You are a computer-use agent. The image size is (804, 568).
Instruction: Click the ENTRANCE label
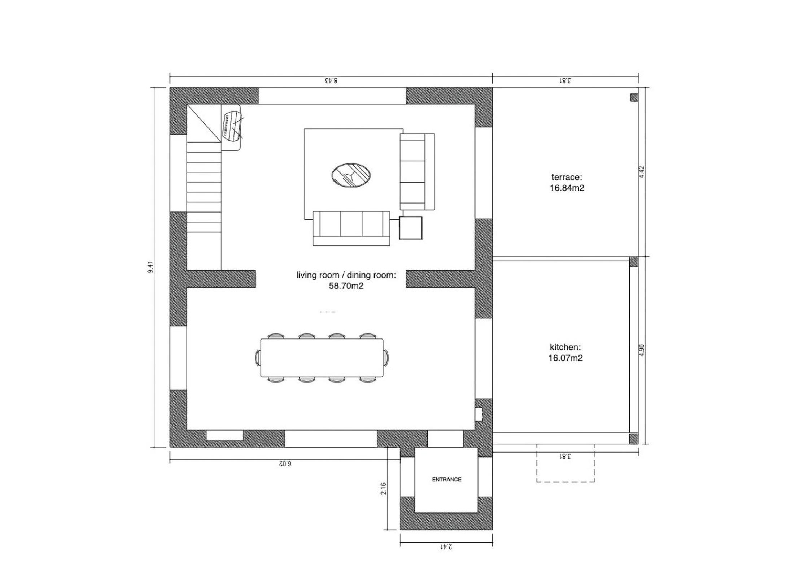click(x=446, y=479)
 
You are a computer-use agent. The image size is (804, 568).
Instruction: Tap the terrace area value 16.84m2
click(x=567, y=188)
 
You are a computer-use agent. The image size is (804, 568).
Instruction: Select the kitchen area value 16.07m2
click(x=565, y=358)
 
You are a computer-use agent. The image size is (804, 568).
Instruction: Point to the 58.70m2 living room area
click(x=346, y=286)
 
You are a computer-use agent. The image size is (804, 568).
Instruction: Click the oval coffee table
click(x=351, y=175)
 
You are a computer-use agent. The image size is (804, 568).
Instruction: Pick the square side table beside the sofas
click(x=411, y=228)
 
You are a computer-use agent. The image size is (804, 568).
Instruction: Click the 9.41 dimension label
click(x=151, y=267)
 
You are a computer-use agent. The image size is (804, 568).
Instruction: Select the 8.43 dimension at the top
click(x=331, y=80)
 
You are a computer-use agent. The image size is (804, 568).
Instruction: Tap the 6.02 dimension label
click(x=285, y=463)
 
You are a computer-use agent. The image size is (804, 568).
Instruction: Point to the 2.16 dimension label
click(x=384, y=489)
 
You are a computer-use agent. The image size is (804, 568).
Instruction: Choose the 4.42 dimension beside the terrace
click(x=642, y=172)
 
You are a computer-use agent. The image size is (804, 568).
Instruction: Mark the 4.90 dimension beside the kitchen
click(x=642, y=350)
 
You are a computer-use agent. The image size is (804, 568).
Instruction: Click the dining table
click(x=322, y=358)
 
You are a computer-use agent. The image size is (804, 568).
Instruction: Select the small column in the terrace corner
click(x=634, y=97)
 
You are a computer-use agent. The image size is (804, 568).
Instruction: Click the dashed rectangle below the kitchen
click(x=565, y=482)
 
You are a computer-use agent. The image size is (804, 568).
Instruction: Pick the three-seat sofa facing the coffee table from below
click(x=351, y=228)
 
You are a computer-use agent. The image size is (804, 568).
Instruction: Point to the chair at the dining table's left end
click(x=258, y=358)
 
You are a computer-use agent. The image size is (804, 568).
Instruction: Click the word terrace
click(x=567, y=177)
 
